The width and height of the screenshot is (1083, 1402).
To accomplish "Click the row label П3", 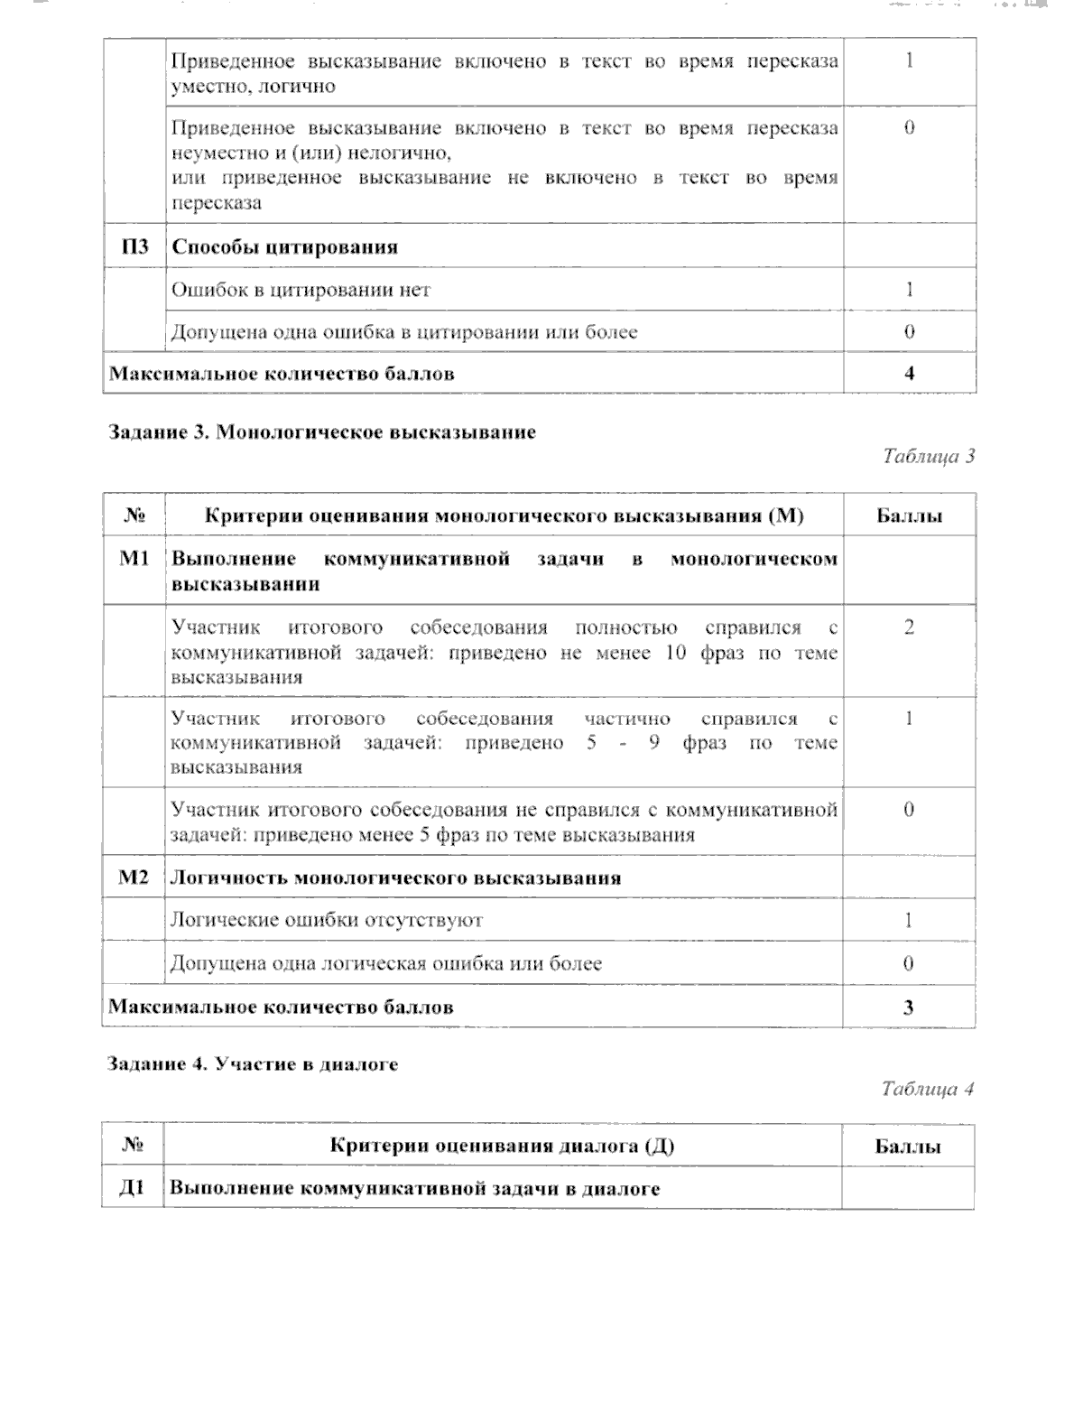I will (x=134, y=246).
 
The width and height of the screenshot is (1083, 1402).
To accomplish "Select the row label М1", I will (x=134, y=559).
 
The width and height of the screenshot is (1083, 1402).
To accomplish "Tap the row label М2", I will (x=134, y=877).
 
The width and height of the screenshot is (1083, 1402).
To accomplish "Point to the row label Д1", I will (x=133, y=1188).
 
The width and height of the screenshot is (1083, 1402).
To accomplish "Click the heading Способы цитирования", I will (x=284, y=247).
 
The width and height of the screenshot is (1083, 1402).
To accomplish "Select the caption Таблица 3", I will (x=928, y=456).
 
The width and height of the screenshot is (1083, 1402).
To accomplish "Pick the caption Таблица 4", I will (x=927, y=1089).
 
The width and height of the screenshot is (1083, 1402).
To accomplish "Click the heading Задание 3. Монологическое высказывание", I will (x=321, y=432).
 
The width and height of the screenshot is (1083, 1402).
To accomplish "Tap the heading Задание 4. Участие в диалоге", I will (x=253, y=1064).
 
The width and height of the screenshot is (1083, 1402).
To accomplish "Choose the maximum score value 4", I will (x=909, y=373).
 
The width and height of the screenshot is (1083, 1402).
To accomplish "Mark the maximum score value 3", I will (x=908, y=1007).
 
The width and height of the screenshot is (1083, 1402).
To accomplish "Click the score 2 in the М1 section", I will (x=908, y=627).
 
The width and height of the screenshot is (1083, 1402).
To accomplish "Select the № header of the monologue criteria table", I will (x=134, y=515).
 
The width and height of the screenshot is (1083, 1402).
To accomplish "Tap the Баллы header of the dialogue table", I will (x=908, y=1147).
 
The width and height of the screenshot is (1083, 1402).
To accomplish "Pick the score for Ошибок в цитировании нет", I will (x=909, y=290).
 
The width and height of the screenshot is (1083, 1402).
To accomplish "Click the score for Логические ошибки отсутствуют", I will (x=908, y=920).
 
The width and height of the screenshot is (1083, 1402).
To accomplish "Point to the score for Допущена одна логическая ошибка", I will (x=908, y=963).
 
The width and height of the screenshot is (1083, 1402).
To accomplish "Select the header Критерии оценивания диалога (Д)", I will (x=502, y=1147).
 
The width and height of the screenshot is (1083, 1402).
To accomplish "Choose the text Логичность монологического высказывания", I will (x=395, y=877).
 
